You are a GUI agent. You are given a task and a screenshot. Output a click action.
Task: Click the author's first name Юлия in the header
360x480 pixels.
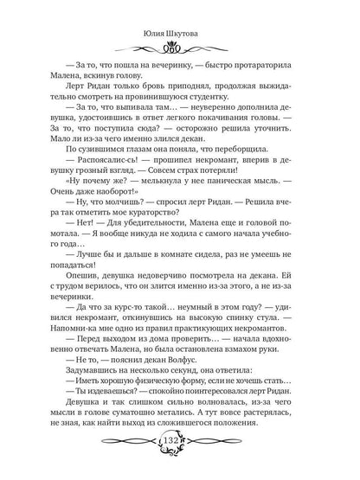(157, 11)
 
